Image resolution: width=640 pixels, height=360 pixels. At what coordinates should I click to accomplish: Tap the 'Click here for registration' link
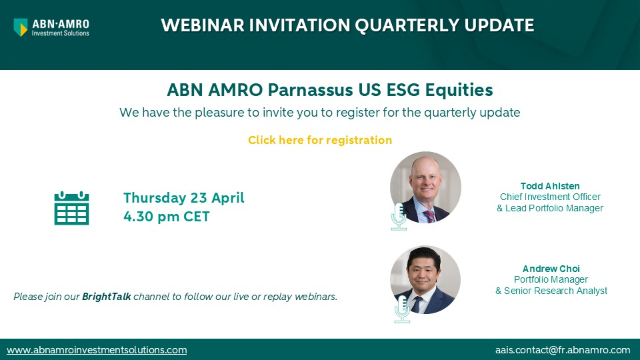[x=320, y=140]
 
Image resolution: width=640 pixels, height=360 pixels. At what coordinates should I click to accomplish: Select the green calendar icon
[x=71, y=207]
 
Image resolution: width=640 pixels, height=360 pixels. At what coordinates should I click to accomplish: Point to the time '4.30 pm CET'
[x=166, y=216]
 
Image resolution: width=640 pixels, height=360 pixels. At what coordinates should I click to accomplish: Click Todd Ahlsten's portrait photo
[x=426, y=187]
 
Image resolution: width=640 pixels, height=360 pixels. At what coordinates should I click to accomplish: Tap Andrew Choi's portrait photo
[x=426, y=279]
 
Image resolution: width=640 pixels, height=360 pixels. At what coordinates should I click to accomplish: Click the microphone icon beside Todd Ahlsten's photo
[x=399, y=216]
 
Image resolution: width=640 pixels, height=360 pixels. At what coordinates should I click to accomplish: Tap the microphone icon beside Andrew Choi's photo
[x=403, y=312]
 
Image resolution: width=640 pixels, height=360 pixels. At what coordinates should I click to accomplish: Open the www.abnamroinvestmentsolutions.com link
[x=97, y=350]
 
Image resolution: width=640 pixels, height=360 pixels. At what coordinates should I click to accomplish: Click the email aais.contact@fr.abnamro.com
[x=564, y=350]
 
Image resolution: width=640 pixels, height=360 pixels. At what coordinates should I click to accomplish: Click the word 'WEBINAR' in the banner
[x=207, y=24]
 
